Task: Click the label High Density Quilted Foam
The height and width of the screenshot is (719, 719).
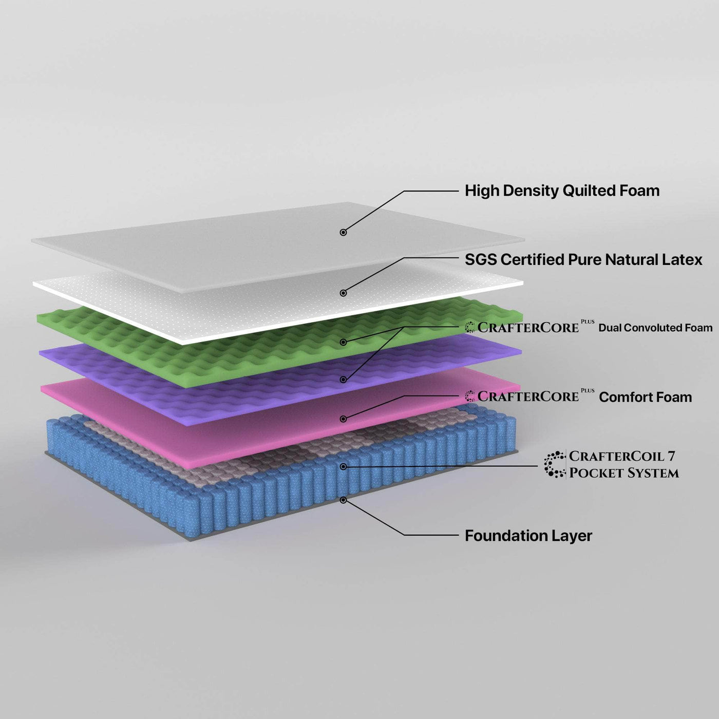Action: click(x=562, y=191)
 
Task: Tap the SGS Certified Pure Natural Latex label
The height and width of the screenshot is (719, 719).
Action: click(x=583, y=260)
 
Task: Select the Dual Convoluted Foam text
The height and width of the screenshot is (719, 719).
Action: click(x=655, y=328)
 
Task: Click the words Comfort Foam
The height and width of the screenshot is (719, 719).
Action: click(x=645, y=397)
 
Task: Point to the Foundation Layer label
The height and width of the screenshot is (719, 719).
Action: click(x=528, y=536)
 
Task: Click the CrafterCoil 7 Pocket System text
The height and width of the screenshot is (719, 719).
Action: click(x=623, y=464)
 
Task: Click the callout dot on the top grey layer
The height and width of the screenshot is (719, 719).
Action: click(x=343, y=232)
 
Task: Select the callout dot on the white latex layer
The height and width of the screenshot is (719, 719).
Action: click(x=343, y=293)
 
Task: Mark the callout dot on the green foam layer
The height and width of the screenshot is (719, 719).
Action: click(x=343, y=342)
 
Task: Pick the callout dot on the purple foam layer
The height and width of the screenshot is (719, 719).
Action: click(x=343, y=380)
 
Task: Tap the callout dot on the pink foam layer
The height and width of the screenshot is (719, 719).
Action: click(x=343, y=419)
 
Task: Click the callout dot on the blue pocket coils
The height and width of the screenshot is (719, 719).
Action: click(x=343, y=467)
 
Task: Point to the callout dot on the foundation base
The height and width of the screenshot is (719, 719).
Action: click(x=343, y=500)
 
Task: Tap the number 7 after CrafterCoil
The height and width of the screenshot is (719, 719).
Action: click(x=671, y=456)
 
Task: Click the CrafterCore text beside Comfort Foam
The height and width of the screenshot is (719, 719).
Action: click(x=528, y=396)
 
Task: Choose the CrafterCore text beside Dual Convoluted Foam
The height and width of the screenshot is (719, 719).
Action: click(x=528, y=327)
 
